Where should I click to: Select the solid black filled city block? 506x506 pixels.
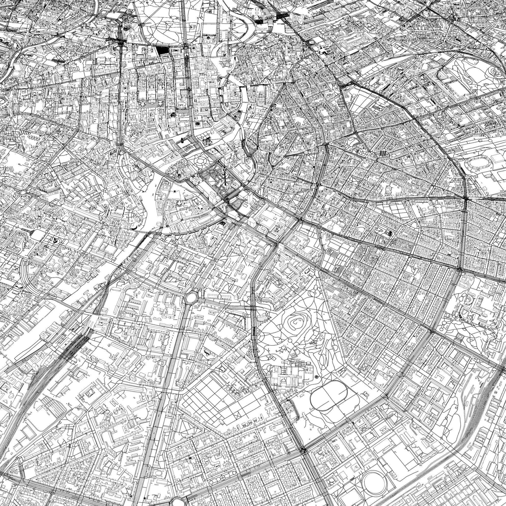[x=163, y=50]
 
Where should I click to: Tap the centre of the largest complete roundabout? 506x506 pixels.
[x=192, y=297]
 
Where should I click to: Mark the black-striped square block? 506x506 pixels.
[x=382, y=153]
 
